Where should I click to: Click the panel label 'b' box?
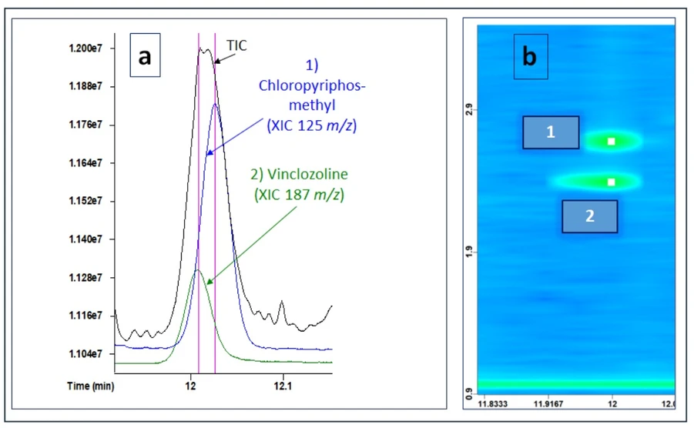530,56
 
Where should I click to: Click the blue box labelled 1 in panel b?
551,132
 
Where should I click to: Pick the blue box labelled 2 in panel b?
589,216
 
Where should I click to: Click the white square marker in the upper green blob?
612,141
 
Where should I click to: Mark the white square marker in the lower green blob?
612,182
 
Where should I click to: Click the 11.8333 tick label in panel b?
493,403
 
